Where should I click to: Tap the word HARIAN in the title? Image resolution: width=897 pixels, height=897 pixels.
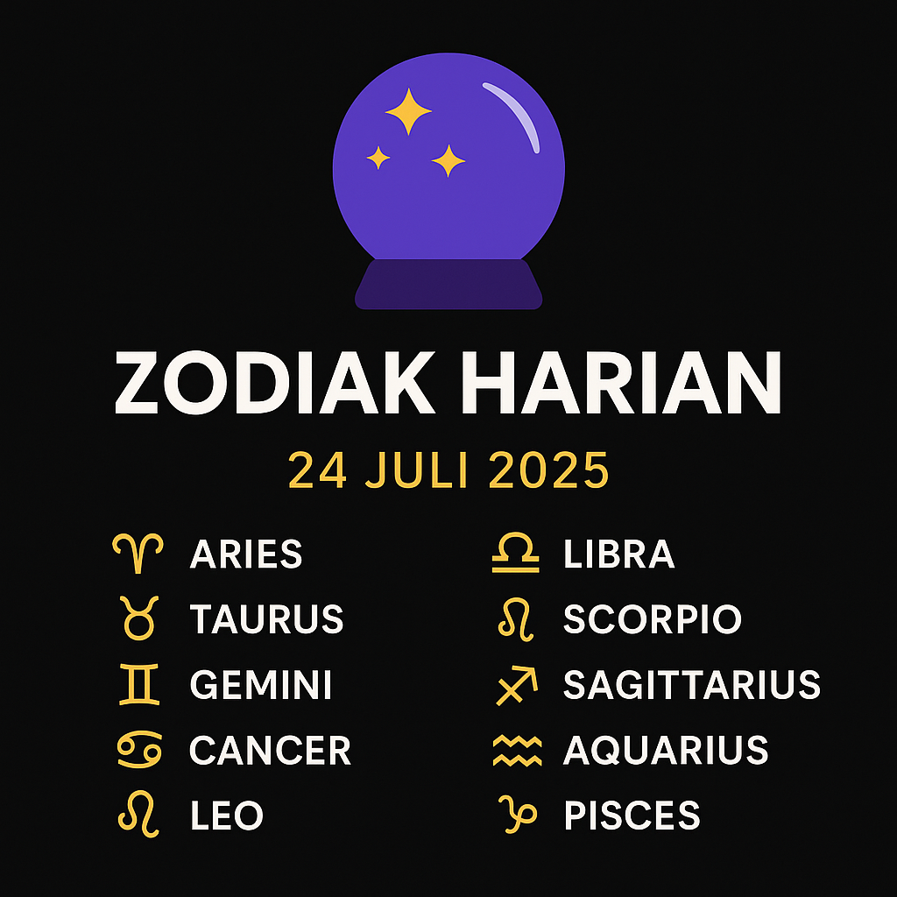pyautogui.click(x=621, y=382)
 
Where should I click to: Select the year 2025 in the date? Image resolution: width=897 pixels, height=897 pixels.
pyautogui.click(x=548, y=470)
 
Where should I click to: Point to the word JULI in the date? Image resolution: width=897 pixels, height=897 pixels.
pyautogui.click(x=417, y=470)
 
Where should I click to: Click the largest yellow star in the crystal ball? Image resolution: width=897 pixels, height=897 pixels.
pyautogui.click(x=408, y=111)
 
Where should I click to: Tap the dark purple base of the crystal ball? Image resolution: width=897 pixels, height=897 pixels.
pyautogui.click(x=448, y=285)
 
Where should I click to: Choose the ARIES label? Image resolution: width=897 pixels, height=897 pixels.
pyautogui.click(x=246, y=554)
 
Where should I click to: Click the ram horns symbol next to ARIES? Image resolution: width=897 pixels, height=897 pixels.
pyautogui.click(x=138, y=553)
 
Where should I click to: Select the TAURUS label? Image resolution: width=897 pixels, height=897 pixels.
pyautogui.click(x=266, y=619)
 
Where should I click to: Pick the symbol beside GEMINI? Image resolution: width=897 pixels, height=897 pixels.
pyautogui.click(x=139, y=684)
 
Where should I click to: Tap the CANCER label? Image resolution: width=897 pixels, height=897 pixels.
pyautogui.click(x=270, y=750)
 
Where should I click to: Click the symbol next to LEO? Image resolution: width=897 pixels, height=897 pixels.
pyautogui.click(x=138, y=815)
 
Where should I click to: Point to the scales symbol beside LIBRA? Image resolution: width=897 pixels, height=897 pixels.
pyautogui.click(x=515, y=553)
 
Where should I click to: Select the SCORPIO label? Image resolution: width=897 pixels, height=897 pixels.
pyautogui.click(x=652, y=619)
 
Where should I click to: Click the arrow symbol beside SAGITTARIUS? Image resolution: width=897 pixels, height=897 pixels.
pyautogui.click(x=517, y=685)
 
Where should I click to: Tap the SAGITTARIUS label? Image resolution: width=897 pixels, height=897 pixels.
pyautogui.click(x=692, y=684)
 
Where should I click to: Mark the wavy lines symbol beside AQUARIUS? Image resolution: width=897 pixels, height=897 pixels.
pyautogui.click(x=517, y=750)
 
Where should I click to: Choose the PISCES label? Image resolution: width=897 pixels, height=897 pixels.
pyautogui.click(x=632, y=815)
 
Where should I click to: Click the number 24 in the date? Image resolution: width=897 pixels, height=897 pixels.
pyautogui.click(x=317, y=470)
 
